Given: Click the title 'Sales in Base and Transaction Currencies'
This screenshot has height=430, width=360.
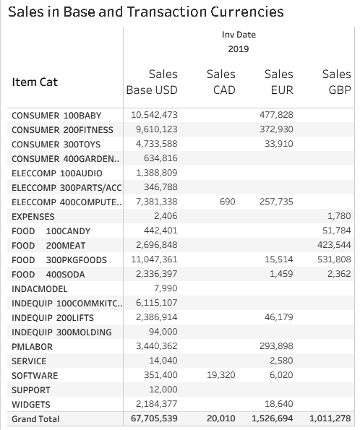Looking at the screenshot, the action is click(146, 12).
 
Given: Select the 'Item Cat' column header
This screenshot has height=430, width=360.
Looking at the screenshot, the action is click(35, 82).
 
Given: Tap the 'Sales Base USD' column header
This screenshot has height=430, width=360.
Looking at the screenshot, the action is click(152, 82).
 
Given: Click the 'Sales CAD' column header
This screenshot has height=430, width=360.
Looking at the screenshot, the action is click(221, 82).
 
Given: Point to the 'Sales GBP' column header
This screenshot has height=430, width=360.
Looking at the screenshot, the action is click(336, 82).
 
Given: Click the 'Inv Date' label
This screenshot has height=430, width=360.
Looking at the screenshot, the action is click(239, 35).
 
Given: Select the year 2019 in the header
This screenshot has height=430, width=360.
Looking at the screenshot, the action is click(239, 49).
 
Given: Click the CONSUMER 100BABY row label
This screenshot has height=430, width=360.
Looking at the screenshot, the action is click(56, 116).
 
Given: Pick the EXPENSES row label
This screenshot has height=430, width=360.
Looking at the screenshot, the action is click(33, 217).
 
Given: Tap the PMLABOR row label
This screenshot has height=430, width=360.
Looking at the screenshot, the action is click(32, 347).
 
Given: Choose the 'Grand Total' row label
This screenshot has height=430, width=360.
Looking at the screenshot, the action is click(35, 419).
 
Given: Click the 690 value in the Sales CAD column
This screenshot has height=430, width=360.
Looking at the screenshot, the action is click(228, 202).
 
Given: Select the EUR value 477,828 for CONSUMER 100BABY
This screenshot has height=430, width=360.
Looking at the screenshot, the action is click(276, 115).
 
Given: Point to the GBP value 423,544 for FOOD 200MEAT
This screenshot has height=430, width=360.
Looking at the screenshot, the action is click(334, 244).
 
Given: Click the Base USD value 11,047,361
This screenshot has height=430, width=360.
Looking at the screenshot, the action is click(154, 259).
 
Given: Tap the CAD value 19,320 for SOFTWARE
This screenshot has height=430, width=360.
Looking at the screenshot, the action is click(221, 375).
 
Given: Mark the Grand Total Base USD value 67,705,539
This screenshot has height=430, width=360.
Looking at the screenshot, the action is click(154, 418).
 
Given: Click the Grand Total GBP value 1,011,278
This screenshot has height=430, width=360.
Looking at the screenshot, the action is click(330, 418).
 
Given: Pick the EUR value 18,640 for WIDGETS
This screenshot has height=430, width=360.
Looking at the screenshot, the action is click(279, 404).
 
